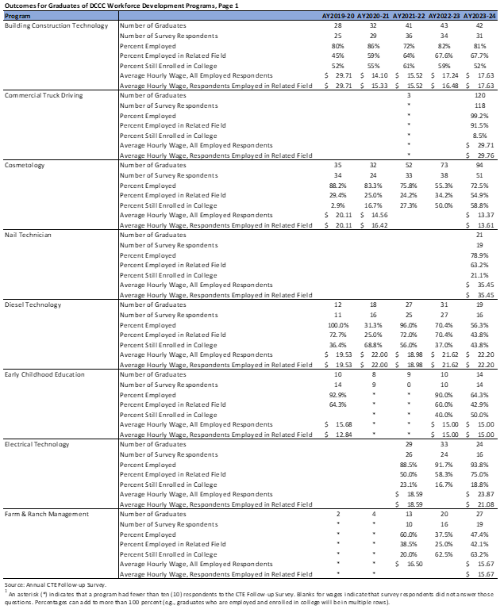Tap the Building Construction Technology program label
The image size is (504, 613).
(x=56, y=26)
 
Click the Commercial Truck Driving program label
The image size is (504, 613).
(x=44, y=95)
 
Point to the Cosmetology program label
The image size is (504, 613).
(x=25, y=165)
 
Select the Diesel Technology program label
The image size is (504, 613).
(x=35, y=305)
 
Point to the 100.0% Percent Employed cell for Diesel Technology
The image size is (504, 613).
(x=338, y=324)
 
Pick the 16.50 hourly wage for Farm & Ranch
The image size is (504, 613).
(x=414, y=563)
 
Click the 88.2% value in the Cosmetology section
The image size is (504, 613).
(x=340, y=185)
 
